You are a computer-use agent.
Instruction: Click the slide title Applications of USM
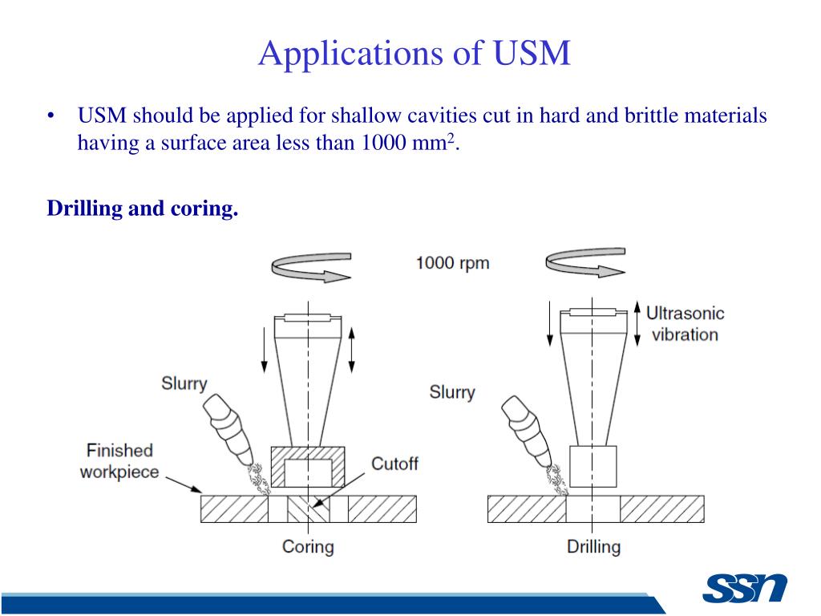(x=415, y=54)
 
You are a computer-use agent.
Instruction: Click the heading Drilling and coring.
(x=143, y=209)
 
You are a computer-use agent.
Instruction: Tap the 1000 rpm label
(x=452, y=263)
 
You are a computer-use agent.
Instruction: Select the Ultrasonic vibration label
(x=685, y=324)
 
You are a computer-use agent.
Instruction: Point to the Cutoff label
(x=394, y=464)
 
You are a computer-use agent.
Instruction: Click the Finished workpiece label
(x=119, y=461)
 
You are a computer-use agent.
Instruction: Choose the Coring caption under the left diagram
(x=308, y=547)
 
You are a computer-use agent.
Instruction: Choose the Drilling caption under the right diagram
(x=593, y=547)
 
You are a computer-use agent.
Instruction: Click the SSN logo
(x=745, y=589)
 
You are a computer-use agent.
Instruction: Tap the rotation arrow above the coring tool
(x=312, y=267)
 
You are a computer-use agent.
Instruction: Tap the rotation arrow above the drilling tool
(x=584, y=264)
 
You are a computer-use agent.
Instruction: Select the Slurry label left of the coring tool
(x=184, y=383)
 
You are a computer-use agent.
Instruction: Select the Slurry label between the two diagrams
(x=451, y=393)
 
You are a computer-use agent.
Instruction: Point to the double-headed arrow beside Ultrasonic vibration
(x=638, y=324)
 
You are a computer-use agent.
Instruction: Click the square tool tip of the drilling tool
(x=593, y=468)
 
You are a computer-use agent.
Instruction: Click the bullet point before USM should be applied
(x=51, y=117)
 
